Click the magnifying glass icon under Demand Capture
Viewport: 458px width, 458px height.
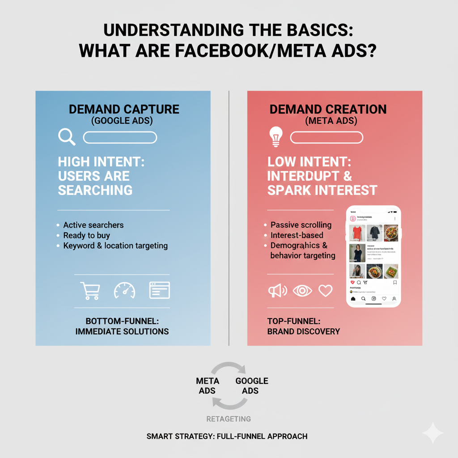pyautogui.click(x=67, y=137)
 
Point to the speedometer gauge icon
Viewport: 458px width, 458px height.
pyautogui.click(x=124, y=290)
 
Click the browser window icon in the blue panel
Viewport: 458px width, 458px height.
pyautogui.click(x=159, y=290)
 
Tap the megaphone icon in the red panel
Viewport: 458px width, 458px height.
pyautogui.click(x=277, y=291)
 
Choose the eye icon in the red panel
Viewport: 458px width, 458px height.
pyautogui.click(x=302, y=291)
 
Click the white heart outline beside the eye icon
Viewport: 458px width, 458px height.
pyautogui.click(x=326, y=291)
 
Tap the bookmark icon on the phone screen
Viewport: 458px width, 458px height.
pyautogui.click(x=395, y=283)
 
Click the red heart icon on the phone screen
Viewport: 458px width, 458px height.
pyautogui.click(x=352, y=283)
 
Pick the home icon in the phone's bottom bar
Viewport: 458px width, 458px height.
pyautogui.click(x=353, y=298)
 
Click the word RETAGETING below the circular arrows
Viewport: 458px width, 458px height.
pyautogui.click(x=229, y=419)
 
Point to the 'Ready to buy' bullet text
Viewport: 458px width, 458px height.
pyautogui.click(x=86, y=235)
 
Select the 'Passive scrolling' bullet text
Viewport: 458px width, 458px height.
pyautogui.click(x=301, y=225)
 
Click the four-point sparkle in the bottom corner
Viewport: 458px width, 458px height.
pyautogui.click(x=433, y=433)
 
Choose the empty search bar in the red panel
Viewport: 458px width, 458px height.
pyautogui.click(x=327, y=137)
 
